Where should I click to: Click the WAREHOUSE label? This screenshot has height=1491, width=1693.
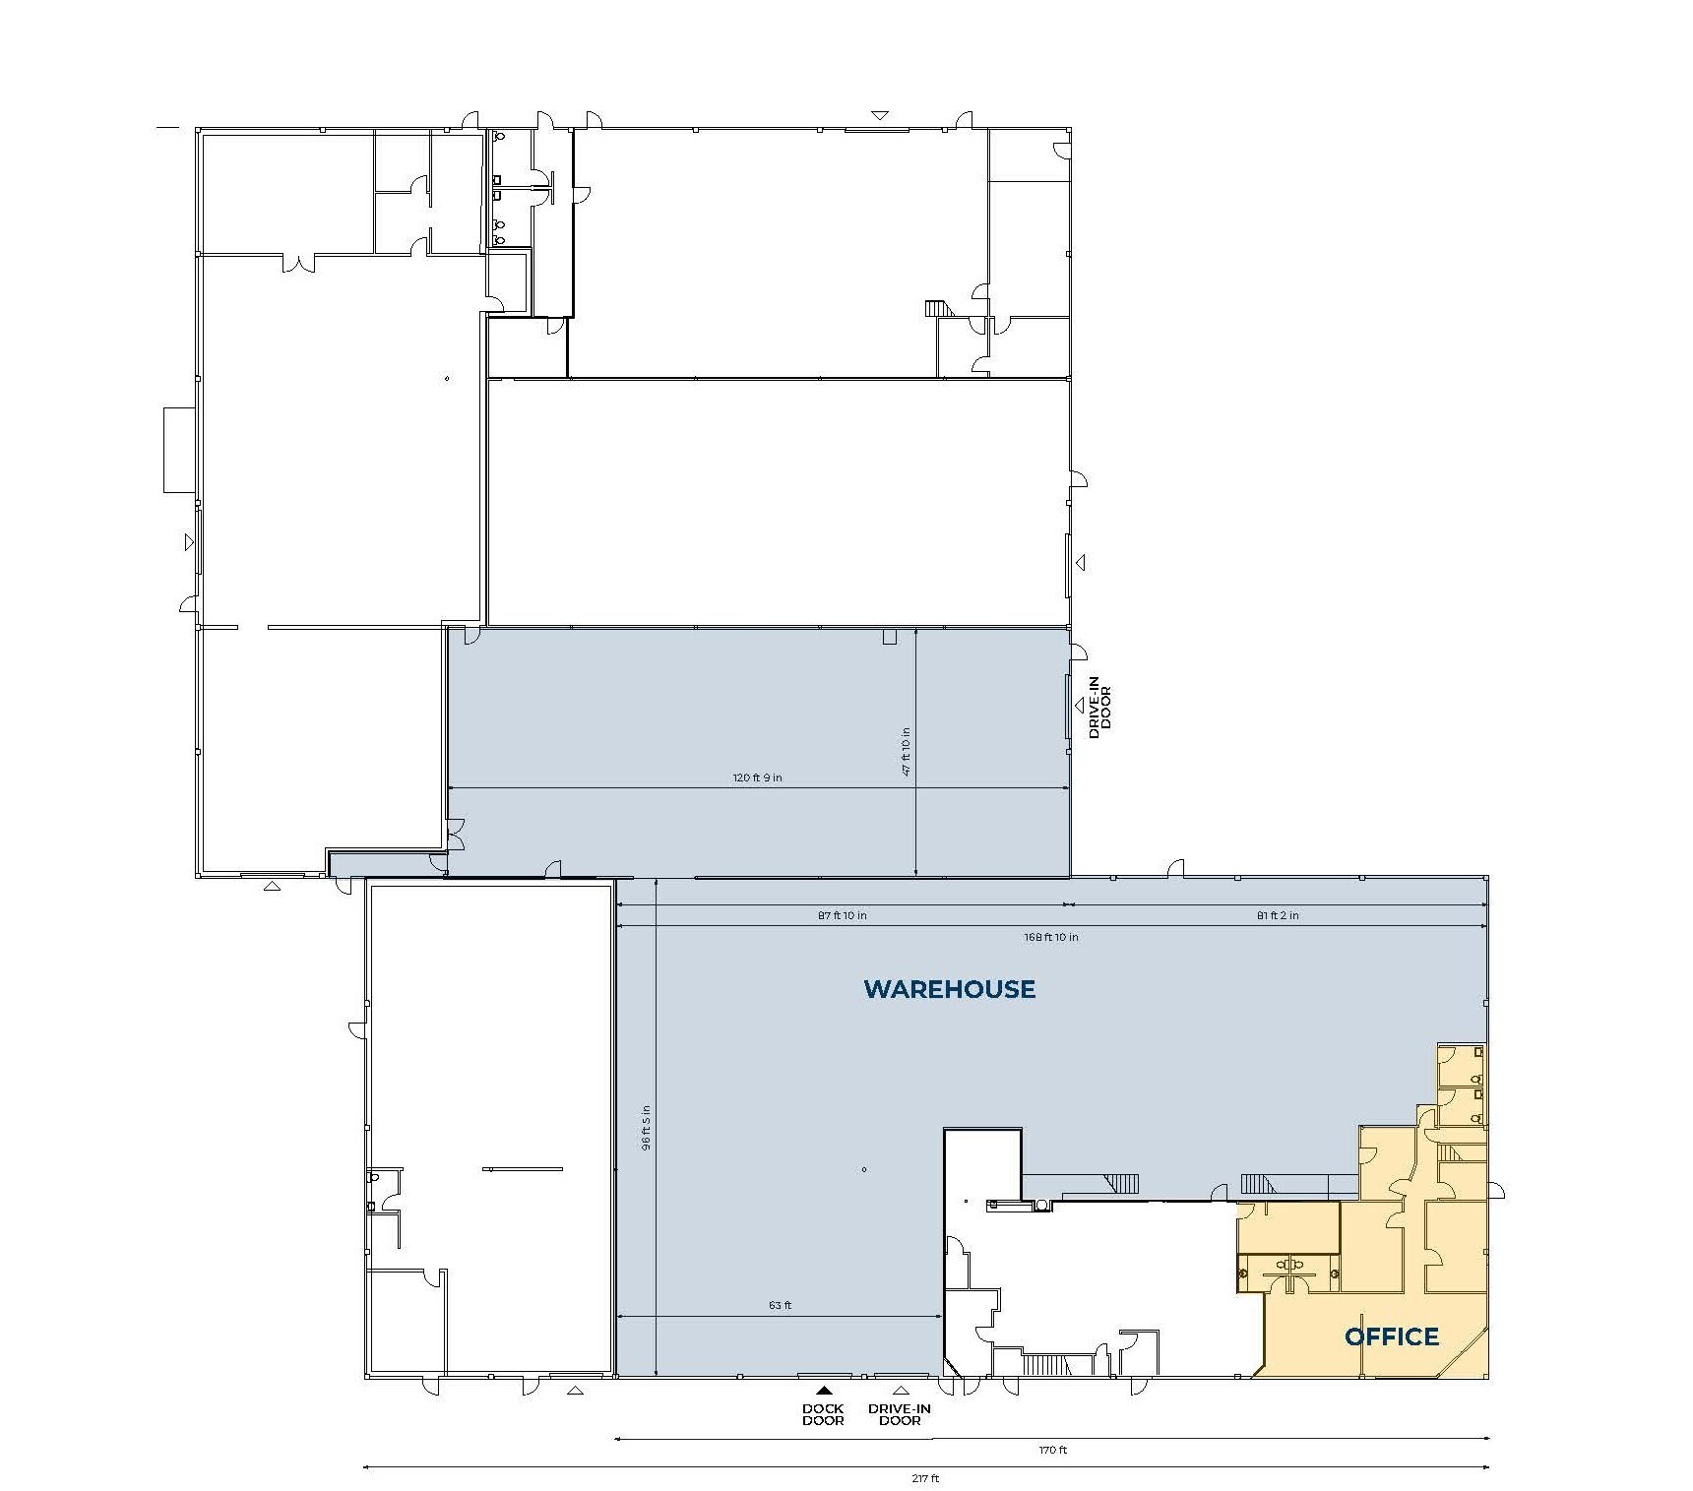[x=949, y=989]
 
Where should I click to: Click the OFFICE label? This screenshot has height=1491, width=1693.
[x=1391, y=1336]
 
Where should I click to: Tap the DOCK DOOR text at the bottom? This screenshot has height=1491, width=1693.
[x=823, y=1414]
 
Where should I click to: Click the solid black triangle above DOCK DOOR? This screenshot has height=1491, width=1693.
[x=824, y=1391]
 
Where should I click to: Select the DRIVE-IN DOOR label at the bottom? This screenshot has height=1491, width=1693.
[x=899, y=1414]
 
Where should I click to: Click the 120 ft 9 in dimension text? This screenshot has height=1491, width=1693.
[x=757, y=777]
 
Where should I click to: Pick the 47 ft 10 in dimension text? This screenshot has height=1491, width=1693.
[x=907, y=752]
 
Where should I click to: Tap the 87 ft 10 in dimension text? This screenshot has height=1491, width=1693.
[x=843, y=915]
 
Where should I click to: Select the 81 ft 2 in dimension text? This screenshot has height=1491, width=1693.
[x=1278, y=915]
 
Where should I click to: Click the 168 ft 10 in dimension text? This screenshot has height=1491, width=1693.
[x=1050, y=937]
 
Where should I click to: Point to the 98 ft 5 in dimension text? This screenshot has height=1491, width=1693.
[x=646, y=1127]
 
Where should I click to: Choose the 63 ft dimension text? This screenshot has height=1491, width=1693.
[x=780, y=1305]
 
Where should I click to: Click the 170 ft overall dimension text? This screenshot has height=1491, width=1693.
[x=1052, y=1451]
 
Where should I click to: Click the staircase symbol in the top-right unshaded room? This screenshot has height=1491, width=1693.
[x=940, y=308]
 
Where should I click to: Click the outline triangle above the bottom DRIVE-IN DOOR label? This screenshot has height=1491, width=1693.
[x=901, y=1391]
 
